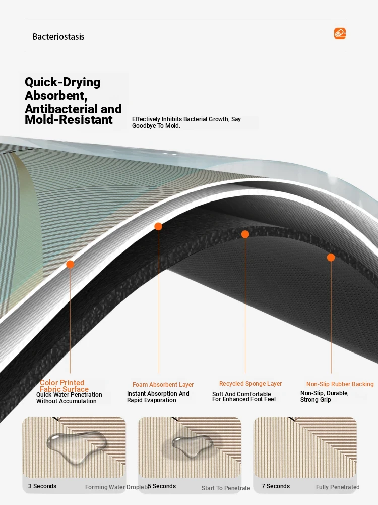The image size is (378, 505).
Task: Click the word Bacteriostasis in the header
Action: (58, 37)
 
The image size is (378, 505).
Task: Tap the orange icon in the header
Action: (340, 33)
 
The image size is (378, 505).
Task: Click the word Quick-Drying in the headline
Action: (62, 82)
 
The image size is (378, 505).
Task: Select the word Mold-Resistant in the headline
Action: (69, 120)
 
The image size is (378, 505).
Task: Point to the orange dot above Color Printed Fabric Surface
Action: (70, 265)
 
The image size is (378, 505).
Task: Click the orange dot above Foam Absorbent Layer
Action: (158, 226)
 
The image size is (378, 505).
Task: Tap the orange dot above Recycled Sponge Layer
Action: (245, 234)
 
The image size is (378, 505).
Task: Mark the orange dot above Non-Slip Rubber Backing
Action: (331, 258)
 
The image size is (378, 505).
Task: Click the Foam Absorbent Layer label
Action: (163, 384)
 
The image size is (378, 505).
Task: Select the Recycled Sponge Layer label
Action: (250, 384)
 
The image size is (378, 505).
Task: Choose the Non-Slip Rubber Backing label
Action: (340, 384)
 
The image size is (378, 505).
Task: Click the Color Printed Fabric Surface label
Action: (64, 386)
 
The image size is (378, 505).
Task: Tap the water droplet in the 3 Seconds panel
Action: (77, 446)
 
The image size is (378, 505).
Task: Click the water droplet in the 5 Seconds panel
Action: (192, 445)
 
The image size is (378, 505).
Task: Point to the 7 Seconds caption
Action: (276, 486)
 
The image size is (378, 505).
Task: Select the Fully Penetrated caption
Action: (338, 487)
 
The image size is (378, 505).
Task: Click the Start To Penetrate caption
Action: (226, 488)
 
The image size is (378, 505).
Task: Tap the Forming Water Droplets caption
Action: (117, 487)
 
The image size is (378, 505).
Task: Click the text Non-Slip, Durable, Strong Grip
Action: (324, 396)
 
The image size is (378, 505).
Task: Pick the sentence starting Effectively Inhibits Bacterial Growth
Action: (186, 122)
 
